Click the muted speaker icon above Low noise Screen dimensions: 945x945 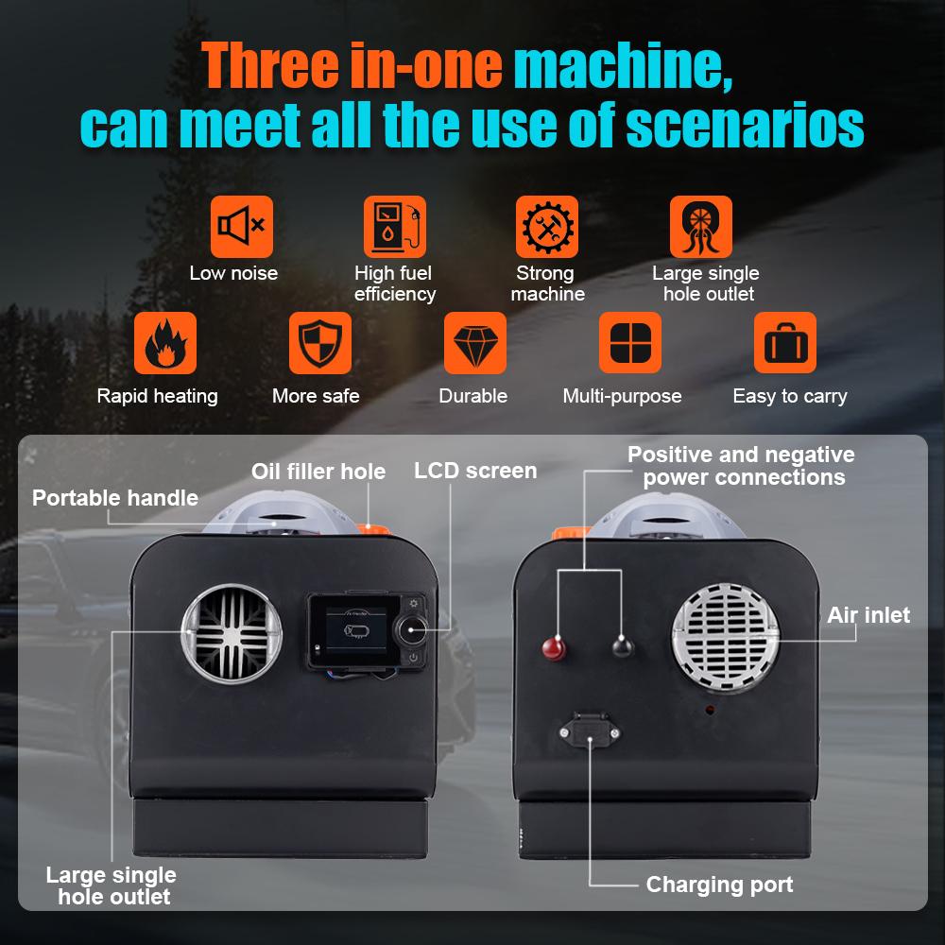[242, 227]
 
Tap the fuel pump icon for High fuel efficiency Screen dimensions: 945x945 [395, 227]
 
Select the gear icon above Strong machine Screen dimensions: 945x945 [546, 227]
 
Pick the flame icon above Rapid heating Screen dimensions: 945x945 [165, 343]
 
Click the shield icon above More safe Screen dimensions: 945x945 [319, 343]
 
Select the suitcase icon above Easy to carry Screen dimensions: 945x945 [784, 343]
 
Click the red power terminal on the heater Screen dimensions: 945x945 [550, 647]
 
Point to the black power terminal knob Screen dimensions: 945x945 [621, 646]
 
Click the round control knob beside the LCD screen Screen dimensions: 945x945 [413, 629]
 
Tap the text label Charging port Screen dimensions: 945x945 [719, 885]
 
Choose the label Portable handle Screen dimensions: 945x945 [115, 497]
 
